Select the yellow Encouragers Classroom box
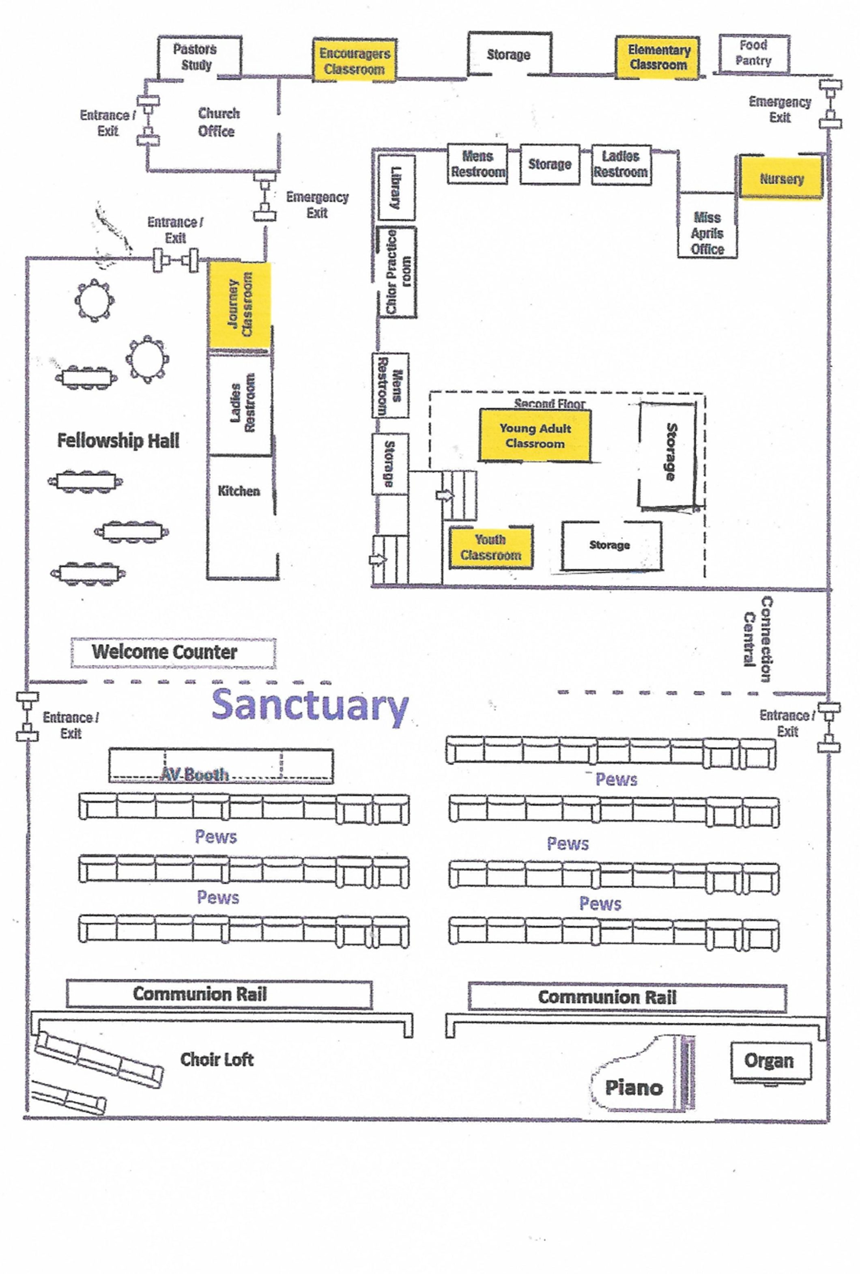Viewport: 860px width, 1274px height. [355, 60]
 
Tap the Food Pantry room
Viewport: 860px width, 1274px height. [754, 53]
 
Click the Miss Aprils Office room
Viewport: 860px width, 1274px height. [707, 224]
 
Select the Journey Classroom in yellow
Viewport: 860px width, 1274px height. [239, 305]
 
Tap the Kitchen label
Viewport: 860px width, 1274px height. [239, 491]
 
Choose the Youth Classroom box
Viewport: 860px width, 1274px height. [490, 547]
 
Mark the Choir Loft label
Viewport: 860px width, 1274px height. [217, 1059]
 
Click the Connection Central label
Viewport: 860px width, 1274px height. [758, 639]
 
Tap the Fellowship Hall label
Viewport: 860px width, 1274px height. [118, 440]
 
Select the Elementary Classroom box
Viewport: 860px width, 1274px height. [658, 58]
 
